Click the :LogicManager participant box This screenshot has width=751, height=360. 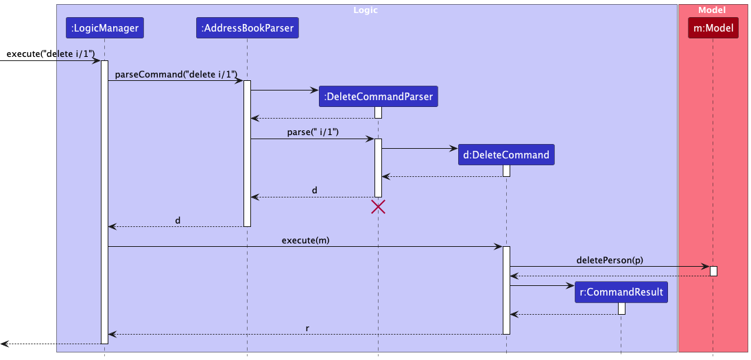105,28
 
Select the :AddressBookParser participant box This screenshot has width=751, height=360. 247,28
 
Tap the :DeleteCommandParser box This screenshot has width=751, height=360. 378,97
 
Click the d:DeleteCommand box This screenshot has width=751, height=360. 506,155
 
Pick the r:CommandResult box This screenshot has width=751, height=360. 621,292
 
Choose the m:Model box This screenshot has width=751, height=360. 713,28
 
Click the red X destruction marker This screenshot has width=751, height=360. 378,206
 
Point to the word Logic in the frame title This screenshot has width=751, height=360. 365,10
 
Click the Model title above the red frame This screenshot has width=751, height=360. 712,10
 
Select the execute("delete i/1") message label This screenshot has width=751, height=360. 50,54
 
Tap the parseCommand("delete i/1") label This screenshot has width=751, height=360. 176,74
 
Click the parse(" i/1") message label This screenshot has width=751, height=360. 313,132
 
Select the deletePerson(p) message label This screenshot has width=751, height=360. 610,260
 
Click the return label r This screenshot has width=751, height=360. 308,328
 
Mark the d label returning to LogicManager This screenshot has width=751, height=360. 178,220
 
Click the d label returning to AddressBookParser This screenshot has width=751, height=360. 314,190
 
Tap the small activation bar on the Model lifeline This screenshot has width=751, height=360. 713,271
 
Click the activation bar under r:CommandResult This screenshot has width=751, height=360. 621,308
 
